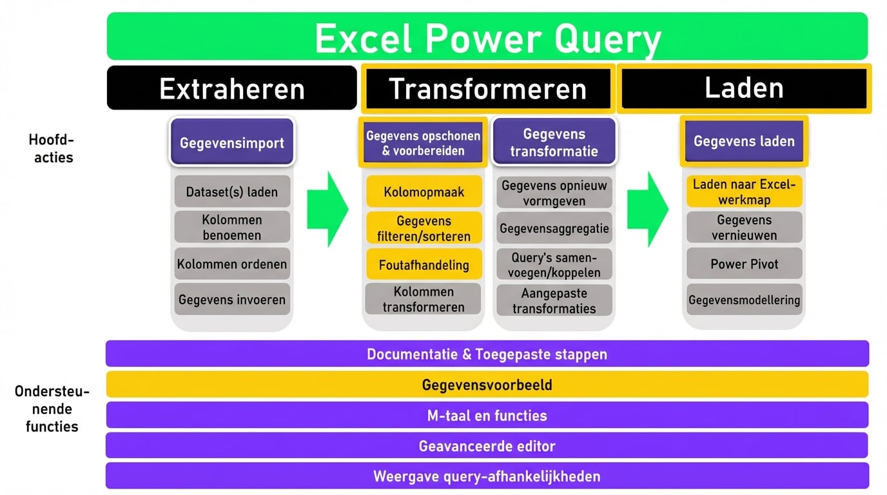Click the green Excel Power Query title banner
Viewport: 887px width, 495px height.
coord(487,37)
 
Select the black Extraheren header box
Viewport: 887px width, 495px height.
coord(232,88)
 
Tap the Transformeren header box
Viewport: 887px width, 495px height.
coord(487,88)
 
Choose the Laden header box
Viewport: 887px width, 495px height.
coord(744,88)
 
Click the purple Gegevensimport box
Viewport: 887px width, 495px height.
coord(232,142)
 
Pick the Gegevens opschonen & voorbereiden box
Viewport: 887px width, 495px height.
coord(423,143)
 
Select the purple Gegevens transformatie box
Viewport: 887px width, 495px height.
coord(554,142)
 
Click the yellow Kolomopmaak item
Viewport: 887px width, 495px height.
coord(424,191)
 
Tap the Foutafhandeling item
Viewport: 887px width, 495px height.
coord(424,264)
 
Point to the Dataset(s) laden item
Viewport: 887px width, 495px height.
coord(232,191)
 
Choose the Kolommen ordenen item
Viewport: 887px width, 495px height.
coord(232,264)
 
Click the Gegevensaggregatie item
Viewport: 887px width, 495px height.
coord(554,228)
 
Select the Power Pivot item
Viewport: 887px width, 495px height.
coord(744,264)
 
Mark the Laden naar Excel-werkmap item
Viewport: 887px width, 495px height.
coord(744,191)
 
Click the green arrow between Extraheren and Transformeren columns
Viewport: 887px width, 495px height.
coord(327,209)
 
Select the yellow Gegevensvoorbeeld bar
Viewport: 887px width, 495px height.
coord(487,385)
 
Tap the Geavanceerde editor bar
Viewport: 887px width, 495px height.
coord(487,445)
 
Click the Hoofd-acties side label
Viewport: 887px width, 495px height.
coord(52,148)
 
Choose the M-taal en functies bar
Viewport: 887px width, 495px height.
coord(487,415)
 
